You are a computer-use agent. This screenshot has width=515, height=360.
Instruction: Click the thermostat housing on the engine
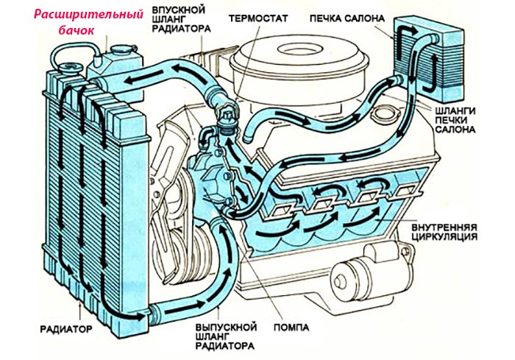click(227, 118)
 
